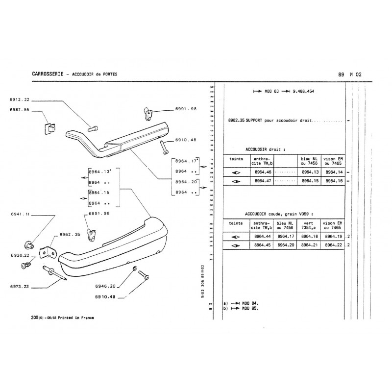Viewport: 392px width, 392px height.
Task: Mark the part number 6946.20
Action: pos(105,286)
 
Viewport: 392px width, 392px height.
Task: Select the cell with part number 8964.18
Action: pos(309,237)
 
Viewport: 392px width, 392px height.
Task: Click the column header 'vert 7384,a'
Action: pos(309,225)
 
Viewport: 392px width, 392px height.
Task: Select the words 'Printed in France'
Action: pos(75,318)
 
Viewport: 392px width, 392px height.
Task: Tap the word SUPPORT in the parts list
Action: pos(256,120)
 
